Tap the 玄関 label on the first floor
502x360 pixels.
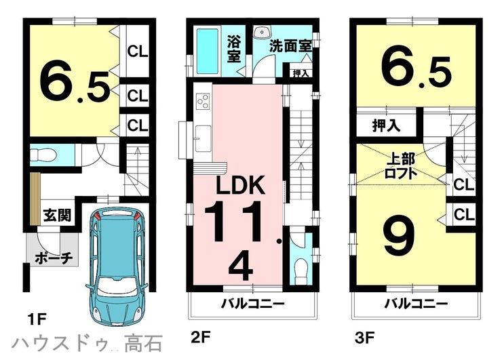pyautogui.click(x=58, y=215)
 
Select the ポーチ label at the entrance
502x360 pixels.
pyautogui.click(x=54, y=258)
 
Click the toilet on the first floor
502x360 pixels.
pyautogui.click(x=44, y=155)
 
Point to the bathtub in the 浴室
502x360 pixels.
pyautogui.click(x=207, y=52)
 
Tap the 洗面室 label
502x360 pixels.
pyautogui.click(x=290, y=46)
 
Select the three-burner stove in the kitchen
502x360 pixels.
pyautogui.click(x=203, y=101)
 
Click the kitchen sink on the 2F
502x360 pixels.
pyautogui.click(x=203, y=138)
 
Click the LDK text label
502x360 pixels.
pyautogui.click(x=241, y=185)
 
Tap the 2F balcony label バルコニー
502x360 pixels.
pyautogui.click(x=252, y=304)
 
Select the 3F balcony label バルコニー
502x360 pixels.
pyautogui.click(x=416, y=304)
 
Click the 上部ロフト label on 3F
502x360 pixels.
pyautogui.click(x=402, y=166)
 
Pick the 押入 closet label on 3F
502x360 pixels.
pyautogui.click(x=387, y=125)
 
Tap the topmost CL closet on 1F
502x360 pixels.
pyautogui.click(x=138, y=52)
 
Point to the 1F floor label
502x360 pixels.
pyautogui.click(x=37, y=319)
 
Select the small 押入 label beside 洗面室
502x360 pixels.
pyautogui.click(x=301, y=73)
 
